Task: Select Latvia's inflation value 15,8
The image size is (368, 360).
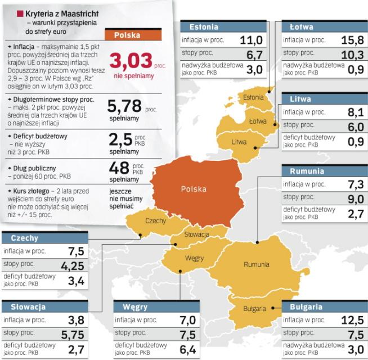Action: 351,40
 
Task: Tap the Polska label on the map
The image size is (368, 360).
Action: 194,189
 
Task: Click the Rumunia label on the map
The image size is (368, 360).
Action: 256,264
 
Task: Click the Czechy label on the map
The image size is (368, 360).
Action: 156,221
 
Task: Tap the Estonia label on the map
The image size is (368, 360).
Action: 254,97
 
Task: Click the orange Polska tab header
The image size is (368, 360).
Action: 127,35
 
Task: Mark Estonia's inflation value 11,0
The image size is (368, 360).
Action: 251,40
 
